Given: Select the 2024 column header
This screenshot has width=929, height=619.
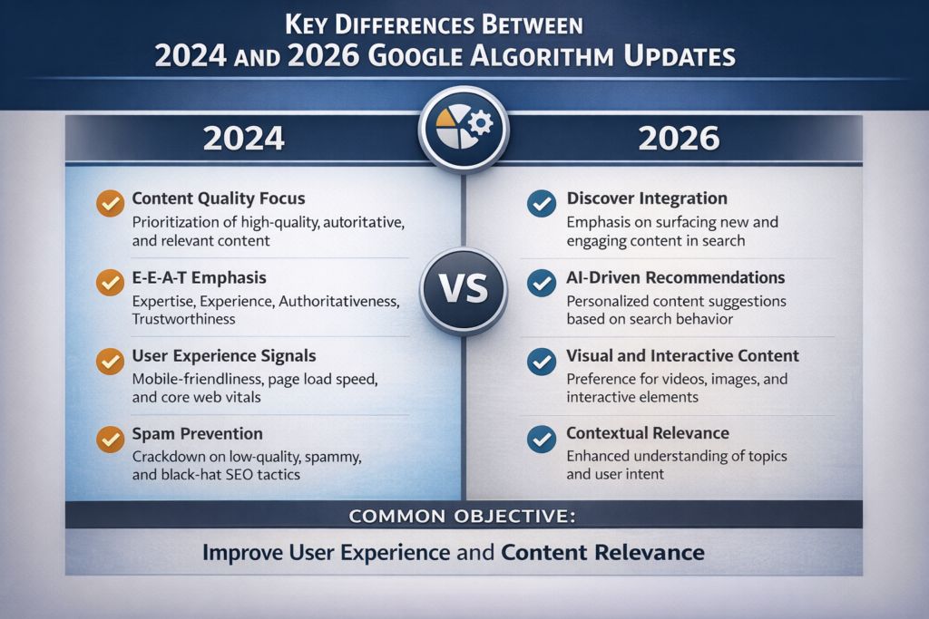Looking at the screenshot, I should (x=243, y=138).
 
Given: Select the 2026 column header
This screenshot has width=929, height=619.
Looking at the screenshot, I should (x=679, y=138).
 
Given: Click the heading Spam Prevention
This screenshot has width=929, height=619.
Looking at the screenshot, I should (x=197, y=434).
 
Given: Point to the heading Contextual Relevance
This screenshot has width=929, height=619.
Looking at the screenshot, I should (x=648, y=434).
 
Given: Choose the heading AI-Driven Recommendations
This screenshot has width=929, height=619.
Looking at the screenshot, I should (x=676, y=277).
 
